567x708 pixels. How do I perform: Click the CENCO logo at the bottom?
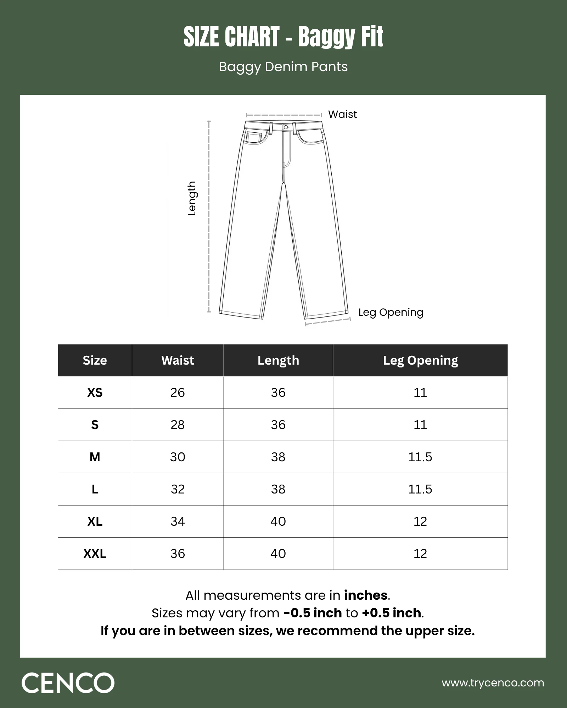(68, 683)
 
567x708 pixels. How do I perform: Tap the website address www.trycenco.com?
(493, 683)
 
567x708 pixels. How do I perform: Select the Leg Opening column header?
(420, 360)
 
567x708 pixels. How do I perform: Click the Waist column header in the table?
(178, 360)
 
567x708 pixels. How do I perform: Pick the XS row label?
(95, 393)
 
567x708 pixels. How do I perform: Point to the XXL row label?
(95, 554)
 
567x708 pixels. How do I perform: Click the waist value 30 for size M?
(178, 457)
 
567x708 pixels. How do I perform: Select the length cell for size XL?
(278, 521)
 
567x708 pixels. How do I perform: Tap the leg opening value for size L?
(420, 489)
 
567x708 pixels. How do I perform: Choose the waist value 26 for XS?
(178, 393)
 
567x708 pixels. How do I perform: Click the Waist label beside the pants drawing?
(342, 114)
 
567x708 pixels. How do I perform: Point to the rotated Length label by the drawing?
(192, 198)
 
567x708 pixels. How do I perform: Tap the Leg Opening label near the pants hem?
(391, 312)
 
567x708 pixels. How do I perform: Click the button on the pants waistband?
(286, 127)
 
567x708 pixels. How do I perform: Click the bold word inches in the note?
(365, 595)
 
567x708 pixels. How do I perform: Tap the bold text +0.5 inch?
(391, 613)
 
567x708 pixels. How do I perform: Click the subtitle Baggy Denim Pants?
(283, 67)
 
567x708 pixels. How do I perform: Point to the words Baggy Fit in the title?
(341, 37)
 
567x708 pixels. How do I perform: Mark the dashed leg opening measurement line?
(328, 321)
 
